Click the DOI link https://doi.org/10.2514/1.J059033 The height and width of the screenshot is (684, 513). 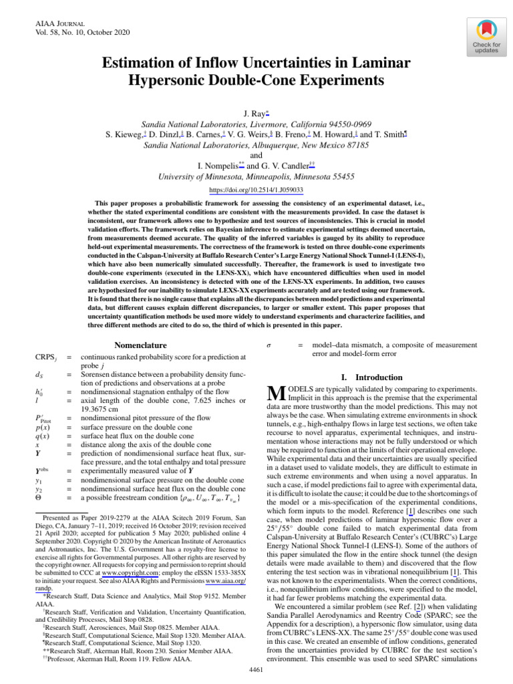click(x=256, y=190)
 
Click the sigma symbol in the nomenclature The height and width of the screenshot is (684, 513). click(x=268, y=345)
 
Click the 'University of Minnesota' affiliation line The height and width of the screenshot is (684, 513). click(x=256, y=177)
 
